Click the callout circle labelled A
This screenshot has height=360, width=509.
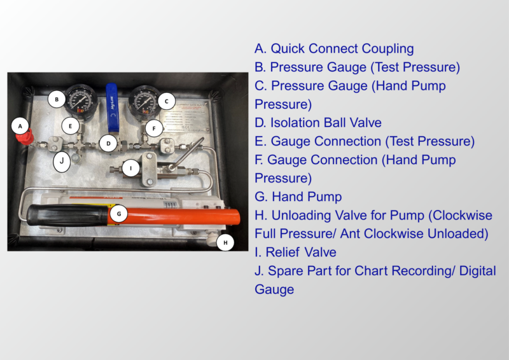point(20,127)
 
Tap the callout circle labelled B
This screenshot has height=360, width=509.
point(57,99)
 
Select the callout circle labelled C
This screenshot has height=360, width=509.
point(167,101)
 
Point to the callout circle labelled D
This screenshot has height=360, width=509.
point(108,143)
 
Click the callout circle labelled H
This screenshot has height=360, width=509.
point(225,242)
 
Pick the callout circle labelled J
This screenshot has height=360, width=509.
point(62,161)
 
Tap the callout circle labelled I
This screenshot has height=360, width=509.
point(131,168)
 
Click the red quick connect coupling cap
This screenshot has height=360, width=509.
point(25,137)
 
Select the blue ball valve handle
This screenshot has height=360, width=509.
point(112,107)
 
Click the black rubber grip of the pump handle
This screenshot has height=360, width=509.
point(68,215)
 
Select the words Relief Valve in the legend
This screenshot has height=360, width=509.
point(301,253)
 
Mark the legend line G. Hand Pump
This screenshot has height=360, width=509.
point(298,197)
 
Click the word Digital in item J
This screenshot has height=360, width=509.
point(478,272)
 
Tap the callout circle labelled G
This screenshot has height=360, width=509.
point(119,214)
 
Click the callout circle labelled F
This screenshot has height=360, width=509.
point(154,128)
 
